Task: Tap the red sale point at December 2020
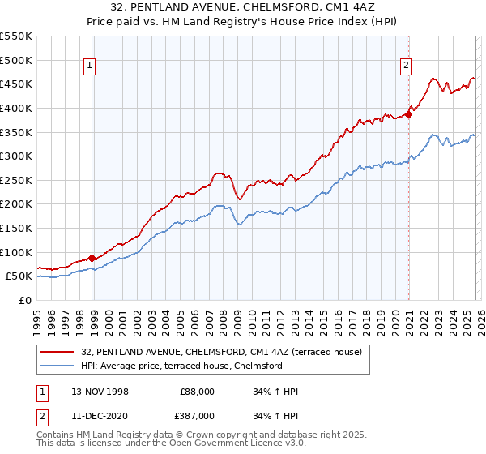409,114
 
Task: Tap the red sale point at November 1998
92,258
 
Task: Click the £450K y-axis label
16,84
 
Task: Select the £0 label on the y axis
24,300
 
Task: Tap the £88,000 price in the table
197,392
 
